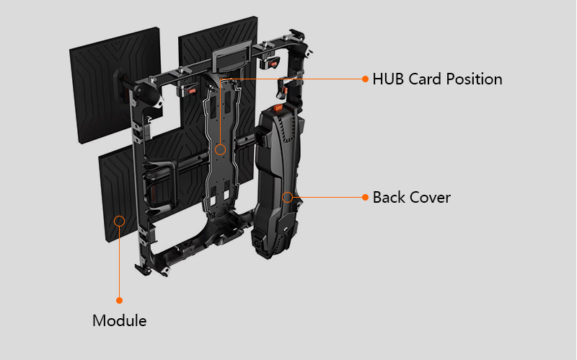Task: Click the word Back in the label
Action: point(388,197)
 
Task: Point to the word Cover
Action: point(430,197)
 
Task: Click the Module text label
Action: point(119,320)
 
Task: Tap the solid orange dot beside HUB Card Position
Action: point(365,79)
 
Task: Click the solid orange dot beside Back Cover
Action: point(365,197)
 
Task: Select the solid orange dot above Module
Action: point(119,300)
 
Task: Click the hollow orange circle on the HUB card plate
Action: point(221,149)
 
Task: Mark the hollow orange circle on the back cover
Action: point(287,197)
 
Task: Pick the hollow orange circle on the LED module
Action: point(119,221)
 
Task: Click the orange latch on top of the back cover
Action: point(278,107)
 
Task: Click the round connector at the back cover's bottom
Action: point(255,244)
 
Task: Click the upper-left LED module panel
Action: point(115,84)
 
